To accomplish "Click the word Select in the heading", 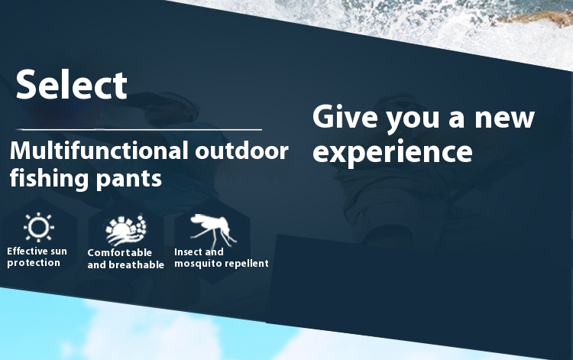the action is [72, 85].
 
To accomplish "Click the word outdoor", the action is [241, 151].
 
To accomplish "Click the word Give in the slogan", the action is [345, 117].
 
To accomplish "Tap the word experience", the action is [393, 151].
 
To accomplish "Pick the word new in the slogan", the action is [504, 118].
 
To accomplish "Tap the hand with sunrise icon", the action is [125, 230].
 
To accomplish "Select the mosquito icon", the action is [213, 230].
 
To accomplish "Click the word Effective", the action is [28, 251].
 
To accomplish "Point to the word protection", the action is [34, 263].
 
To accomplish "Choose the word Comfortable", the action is [119, 252].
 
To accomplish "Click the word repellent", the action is [245, 263].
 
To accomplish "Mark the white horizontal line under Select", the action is [139, 129].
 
